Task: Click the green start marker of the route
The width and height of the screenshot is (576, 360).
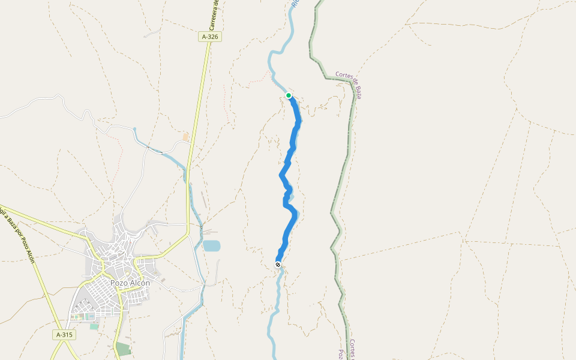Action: (289, 95)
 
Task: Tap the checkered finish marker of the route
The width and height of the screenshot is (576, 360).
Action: (278, 265)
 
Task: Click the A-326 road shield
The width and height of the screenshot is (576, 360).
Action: (211, 37)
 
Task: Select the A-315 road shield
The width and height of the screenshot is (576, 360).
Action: (64, 334)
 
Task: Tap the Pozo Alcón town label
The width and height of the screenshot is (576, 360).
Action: (130, 283)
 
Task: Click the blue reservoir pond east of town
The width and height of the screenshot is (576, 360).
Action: (211, 245)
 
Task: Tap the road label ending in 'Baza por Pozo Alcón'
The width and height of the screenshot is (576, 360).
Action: (18, 235)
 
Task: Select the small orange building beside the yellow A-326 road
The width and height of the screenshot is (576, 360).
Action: (185, 137)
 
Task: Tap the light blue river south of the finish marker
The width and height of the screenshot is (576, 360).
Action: (277, 300)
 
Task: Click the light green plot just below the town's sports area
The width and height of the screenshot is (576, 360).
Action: (94, 326)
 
